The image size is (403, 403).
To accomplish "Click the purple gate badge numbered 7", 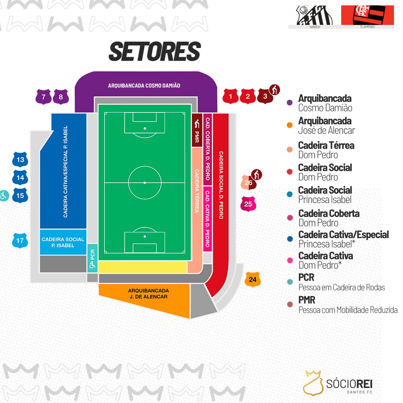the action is [44, 97].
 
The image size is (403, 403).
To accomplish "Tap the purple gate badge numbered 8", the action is [61, 97].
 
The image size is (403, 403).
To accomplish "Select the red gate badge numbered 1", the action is [230, 96].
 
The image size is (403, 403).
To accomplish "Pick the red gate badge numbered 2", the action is [248, 96].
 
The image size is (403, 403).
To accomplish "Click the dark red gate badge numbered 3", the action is [265, 96].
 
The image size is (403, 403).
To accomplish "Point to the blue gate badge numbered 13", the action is [20, 160].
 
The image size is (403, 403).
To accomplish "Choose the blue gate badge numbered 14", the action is [20, 178].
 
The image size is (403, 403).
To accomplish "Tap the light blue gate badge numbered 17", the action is [20, 240].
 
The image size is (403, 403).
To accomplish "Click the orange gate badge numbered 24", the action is [253, 279].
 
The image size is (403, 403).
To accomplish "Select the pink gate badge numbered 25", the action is [248, 204].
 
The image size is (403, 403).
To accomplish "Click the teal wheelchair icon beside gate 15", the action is [3, 196].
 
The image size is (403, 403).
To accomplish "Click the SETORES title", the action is [155, 51].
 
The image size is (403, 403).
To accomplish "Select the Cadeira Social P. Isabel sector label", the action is [63, 242].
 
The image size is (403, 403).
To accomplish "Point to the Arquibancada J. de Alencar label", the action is [148, 294].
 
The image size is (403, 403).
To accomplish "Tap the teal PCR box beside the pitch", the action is [92, 258].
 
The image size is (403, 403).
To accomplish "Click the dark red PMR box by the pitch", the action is [197, 130].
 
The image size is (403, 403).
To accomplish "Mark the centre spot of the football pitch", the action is [145, 183].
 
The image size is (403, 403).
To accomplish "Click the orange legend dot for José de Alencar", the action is [289, 125].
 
